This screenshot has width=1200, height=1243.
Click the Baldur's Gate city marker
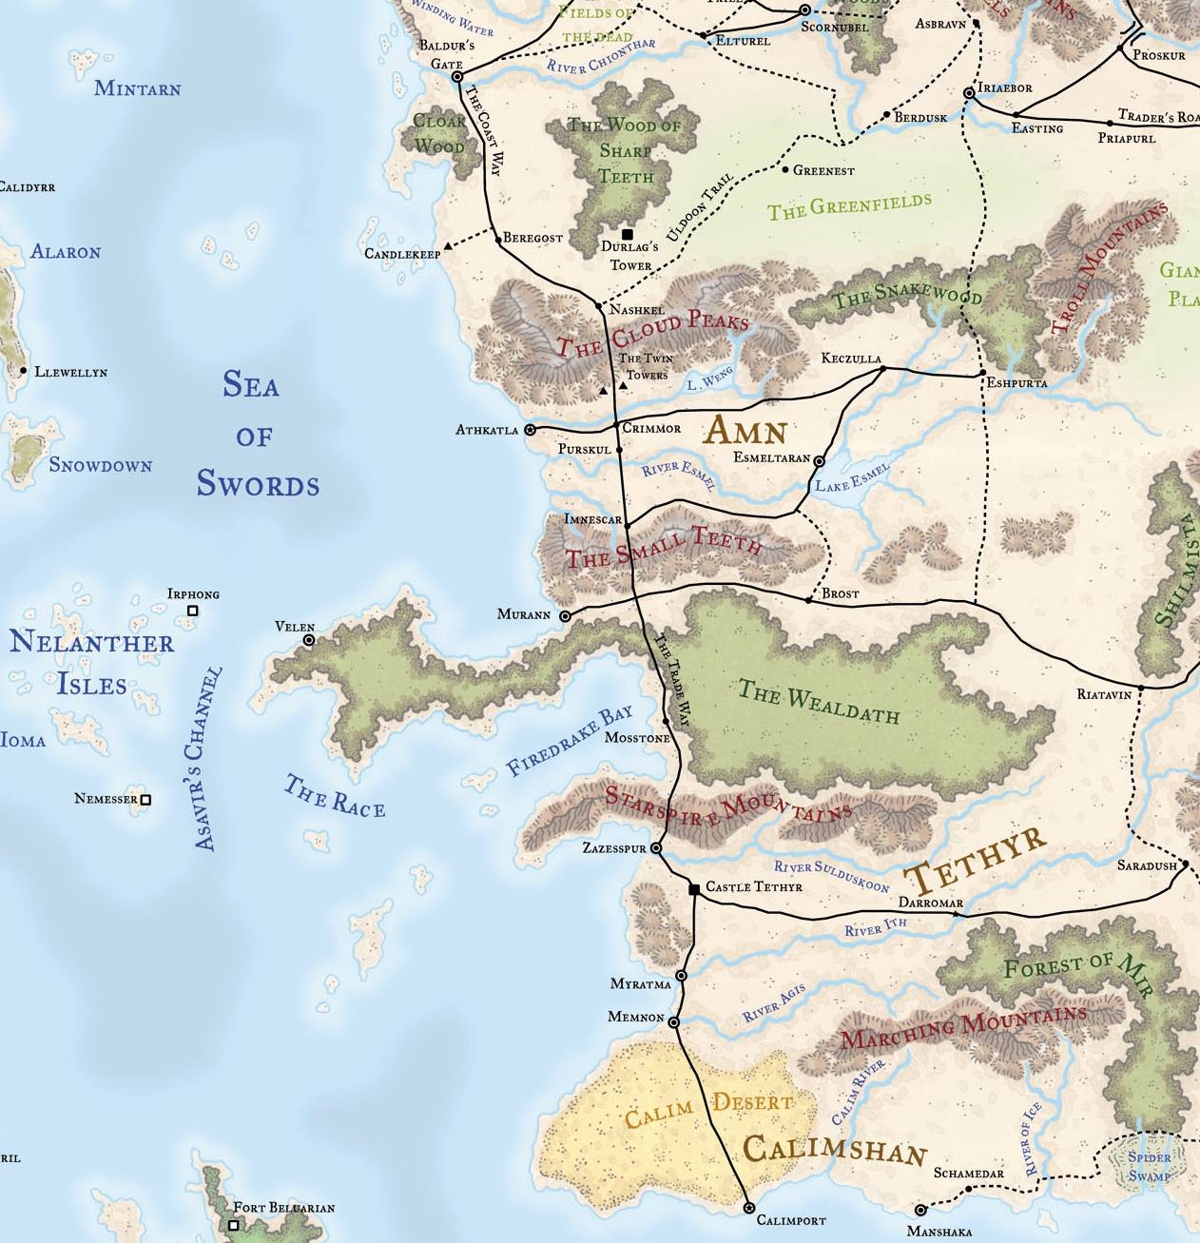point(456,76)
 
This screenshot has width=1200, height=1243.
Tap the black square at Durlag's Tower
point(627,234)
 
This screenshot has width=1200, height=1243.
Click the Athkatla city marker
point(530,430)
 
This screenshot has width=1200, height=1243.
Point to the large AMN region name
point(745,433)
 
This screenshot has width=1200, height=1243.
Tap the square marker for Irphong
point(193,611)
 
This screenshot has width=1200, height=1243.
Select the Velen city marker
point(309,641)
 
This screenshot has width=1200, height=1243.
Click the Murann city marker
point(565,616)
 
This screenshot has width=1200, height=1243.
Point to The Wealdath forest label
point(818,702)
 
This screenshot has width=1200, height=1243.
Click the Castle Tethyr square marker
point(694,888)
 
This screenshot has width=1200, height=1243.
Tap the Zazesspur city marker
point(655,847)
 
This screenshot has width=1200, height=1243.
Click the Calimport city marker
point(748,1207)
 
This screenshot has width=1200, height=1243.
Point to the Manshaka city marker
point(919,1211)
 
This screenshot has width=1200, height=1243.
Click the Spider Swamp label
point(1149,1166)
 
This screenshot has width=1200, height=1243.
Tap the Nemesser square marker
point(145,800)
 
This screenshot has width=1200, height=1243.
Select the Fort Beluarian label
point(283,1208)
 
